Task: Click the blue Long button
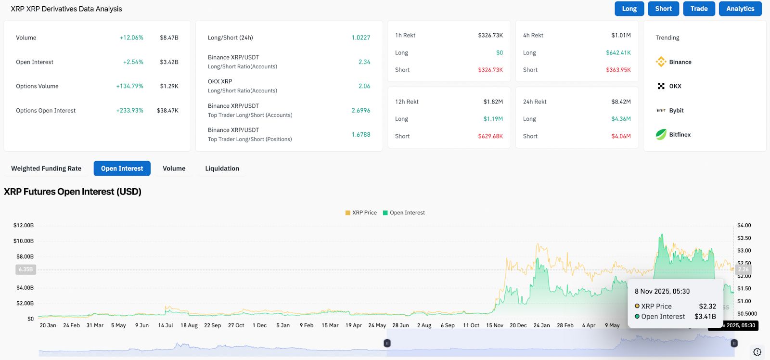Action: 629,9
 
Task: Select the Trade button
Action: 699,9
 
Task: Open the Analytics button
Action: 740,9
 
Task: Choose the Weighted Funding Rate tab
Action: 46,168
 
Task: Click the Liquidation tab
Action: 222,168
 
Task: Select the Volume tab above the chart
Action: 174,168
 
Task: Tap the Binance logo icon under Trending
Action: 661,62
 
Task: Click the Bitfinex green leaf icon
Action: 661,134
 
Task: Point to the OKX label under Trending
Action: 675,86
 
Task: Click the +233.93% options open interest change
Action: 130,111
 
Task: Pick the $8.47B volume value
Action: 169,38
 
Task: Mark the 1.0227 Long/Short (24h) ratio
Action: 361,38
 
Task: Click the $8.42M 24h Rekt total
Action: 621,102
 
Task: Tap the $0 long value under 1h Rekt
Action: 500,53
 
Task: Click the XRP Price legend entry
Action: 361,213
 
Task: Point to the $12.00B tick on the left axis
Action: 24,225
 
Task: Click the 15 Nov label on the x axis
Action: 495,325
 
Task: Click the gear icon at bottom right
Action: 757,352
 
